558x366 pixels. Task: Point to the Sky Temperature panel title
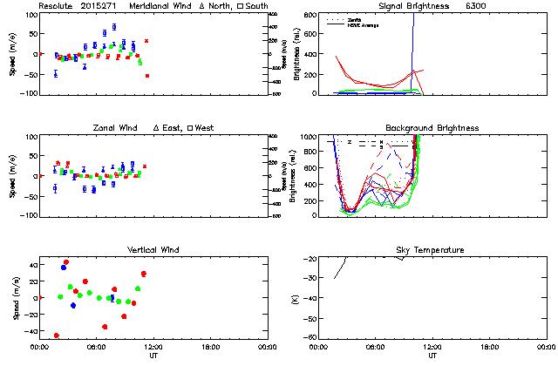coord(432,250)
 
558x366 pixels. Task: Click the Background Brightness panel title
coord(432,128)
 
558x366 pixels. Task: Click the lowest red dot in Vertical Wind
coord(57,335)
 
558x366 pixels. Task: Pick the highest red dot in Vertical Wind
coord(65,262)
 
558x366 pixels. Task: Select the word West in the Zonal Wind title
coord(205,128)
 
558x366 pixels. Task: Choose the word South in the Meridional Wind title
coord(256,6)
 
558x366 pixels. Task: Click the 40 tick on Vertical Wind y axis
coord(30,263)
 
